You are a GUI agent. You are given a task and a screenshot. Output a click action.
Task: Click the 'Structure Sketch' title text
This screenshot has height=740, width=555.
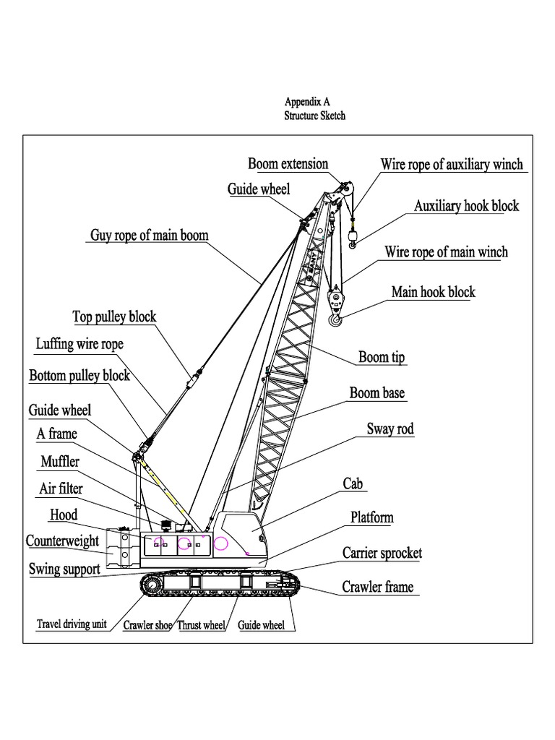[314, 116]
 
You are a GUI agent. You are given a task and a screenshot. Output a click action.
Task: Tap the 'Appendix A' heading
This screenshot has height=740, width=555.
[307, 102]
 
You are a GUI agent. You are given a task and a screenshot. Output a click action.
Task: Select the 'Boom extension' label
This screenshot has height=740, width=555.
[288, 164]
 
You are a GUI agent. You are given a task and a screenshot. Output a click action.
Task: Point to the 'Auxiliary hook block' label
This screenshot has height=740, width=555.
[466, 207]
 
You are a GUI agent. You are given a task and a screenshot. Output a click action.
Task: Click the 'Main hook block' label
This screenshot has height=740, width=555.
[433, 292]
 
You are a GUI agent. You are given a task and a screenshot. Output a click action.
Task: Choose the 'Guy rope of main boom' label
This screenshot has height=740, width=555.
[149, 236]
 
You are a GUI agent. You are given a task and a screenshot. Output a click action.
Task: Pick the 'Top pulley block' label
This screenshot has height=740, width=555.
[114, 317]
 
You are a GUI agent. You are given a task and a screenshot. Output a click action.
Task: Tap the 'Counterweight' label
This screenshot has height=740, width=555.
[62, 541]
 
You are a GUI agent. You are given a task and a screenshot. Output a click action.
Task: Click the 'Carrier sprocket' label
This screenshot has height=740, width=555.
[382, 554]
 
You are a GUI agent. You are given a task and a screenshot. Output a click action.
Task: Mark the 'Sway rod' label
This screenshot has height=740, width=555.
[390, 429]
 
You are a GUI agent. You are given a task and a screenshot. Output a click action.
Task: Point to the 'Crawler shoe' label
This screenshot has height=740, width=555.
[147, 625]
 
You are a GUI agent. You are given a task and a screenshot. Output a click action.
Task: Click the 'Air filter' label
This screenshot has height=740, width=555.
[61, 489]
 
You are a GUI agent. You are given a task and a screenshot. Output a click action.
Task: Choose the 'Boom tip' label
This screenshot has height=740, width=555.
[382, 357]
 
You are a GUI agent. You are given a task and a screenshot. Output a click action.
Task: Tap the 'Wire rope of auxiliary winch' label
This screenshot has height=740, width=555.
[452, 165]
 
